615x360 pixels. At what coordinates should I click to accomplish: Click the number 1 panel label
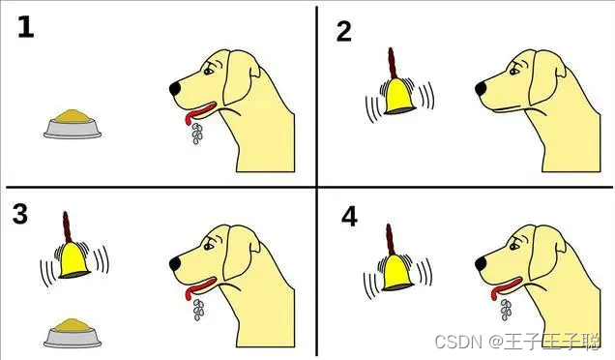pos(26,27)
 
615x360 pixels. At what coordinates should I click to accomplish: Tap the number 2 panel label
pos(344,31)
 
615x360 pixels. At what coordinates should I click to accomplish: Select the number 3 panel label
pos(20,214)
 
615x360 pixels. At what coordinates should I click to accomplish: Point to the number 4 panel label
pos(349,218)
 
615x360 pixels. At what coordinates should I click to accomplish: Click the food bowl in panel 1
pos(73,124)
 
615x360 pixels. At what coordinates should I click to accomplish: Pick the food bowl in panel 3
pos(73,333)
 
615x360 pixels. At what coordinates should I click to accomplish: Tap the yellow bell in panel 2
pos(398,96)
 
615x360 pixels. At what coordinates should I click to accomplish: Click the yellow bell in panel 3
pos(74,260)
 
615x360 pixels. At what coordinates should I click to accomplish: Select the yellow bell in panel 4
pos(397,272)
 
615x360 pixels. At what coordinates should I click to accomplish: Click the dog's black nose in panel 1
pos(175,89)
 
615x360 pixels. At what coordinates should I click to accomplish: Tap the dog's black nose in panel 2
pos(481,89)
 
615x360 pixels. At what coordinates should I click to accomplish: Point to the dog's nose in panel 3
pos(175,264)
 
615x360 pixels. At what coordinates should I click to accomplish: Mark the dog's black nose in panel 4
pos(481,264)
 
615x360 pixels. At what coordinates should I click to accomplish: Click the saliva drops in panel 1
pos(197,134)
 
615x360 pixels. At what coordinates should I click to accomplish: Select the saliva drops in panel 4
pos(506,310)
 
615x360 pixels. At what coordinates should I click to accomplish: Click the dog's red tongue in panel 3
pos(199,287)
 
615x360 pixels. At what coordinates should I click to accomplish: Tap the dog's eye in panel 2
pos(513,72)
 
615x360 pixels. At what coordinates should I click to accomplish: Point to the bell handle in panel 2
pos(393,63)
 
